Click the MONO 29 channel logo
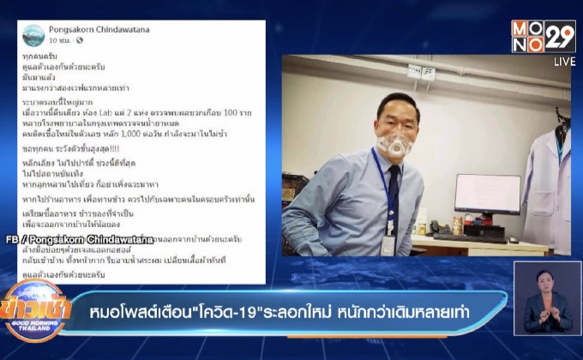(x=543, y=37)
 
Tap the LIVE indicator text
(x=563, y=62)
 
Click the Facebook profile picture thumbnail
(x=33, y=35)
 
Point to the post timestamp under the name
(x=61, y=41)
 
